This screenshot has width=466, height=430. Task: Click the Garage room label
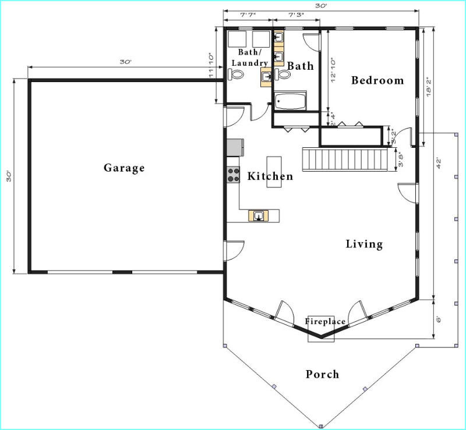(x=124, y=168)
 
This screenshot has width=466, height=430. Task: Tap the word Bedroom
(x=377, y=80)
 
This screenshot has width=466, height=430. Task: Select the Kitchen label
(x=270, y=176)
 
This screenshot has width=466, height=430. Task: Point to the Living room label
(x=364, y=244)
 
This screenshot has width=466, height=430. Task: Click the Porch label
(x=323, y=374)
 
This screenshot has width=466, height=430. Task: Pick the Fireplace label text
(x=325, y=321)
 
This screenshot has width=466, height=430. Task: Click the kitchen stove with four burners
(x=234, y=175)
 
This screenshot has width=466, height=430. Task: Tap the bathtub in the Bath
(x=290, y=101)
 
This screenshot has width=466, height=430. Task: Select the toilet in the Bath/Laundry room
(x=236, y=74)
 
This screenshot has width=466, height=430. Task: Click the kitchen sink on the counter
(x=259, y=216)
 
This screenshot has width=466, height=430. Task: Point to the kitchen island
(x=274, y=172)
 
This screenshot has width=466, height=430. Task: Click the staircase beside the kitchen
(x=345, y=160)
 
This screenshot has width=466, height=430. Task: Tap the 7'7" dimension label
(x=248, y=15)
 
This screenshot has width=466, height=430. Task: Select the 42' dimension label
(x=438, y=164)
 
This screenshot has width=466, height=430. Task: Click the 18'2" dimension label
(x=429, y=87)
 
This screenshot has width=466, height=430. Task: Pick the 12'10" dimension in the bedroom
(x=333, y=70)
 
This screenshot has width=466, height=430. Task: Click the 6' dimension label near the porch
(x=438, y=319)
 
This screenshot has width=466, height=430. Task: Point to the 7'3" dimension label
(x=296, y=15)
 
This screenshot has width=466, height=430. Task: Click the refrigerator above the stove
(x=235, y=147)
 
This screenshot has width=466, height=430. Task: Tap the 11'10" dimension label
(x=211, y=65)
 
